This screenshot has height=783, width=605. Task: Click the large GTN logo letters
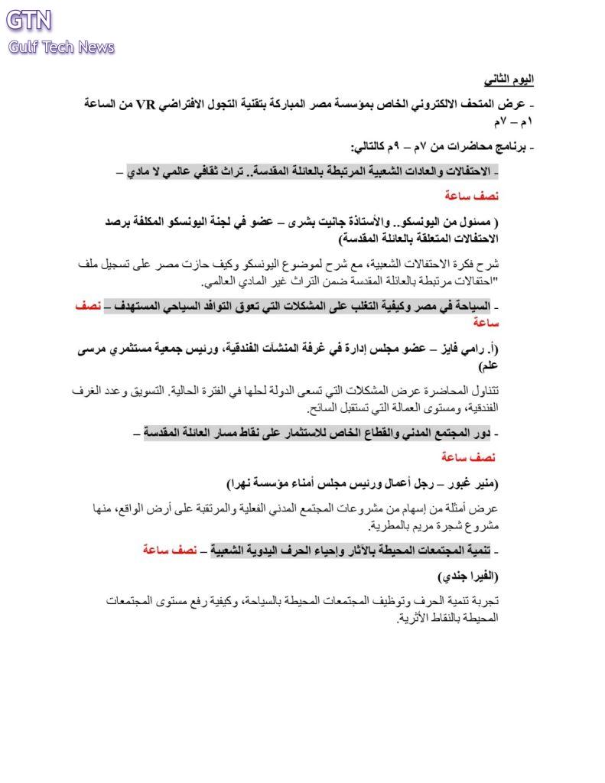tap(29, 20)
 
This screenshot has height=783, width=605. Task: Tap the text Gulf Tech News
tap(61, 47)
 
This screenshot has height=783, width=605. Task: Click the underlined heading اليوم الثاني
tap(509, 79)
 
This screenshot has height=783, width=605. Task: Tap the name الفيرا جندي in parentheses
tap(469, 575)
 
